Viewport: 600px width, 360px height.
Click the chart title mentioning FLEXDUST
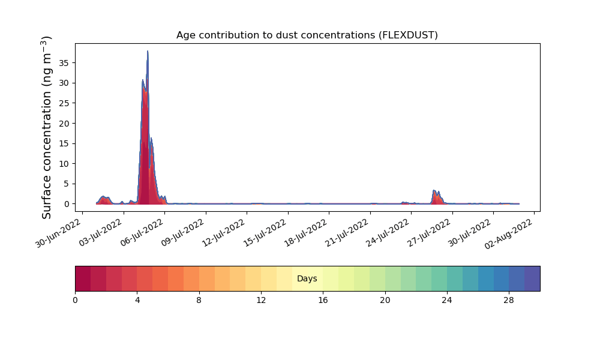307,35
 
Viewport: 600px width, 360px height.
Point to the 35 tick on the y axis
64,63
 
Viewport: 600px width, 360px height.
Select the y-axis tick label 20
64,124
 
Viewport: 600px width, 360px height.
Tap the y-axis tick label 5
67,184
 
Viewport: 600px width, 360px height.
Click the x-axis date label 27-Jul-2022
428,233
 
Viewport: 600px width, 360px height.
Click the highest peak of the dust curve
148,51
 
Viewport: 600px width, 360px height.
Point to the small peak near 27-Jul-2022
434,191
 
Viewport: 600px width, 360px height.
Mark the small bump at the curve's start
103,197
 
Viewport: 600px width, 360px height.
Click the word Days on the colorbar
307,278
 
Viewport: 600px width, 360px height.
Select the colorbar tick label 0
75,301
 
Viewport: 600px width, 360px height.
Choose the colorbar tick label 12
261,301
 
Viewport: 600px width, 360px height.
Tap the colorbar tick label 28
509,301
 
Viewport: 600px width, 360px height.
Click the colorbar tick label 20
385,301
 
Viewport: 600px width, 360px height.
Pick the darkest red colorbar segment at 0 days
83,278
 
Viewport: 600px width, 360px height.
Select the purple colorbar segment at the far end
532,278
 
